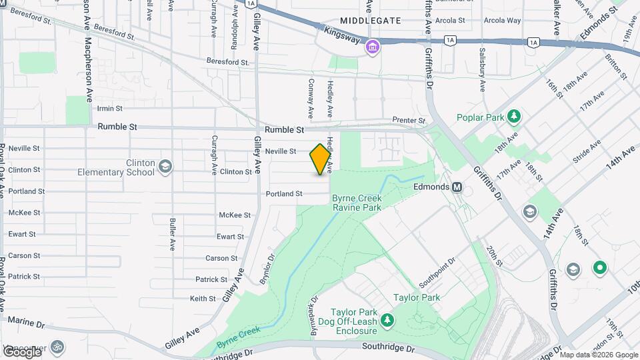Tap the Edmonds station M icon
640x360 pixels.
pyautogui.click(x=457, y=187)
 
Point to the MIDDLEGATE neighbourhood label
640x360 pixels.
pyautogui.click(x=371, y=21)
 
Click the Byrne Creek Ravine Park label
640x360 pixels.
pyautogui.click(x=357, y=203)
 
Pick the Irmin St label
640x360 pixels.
pyautogui.click(x=110, y=108)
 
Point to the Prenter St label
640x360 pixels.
pyautogui.click(x=409, y=120)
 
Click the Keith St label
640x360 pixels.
pyautogui.click(x=203, y=299)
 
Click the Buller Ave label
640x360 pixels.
pyautogui.click(x=172, y=233)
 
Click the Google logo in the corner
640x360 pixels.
pyautogui.click(x=21, y=351)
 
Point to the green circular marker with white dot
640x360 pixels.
pyautogui.click(x=599, y=269)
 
